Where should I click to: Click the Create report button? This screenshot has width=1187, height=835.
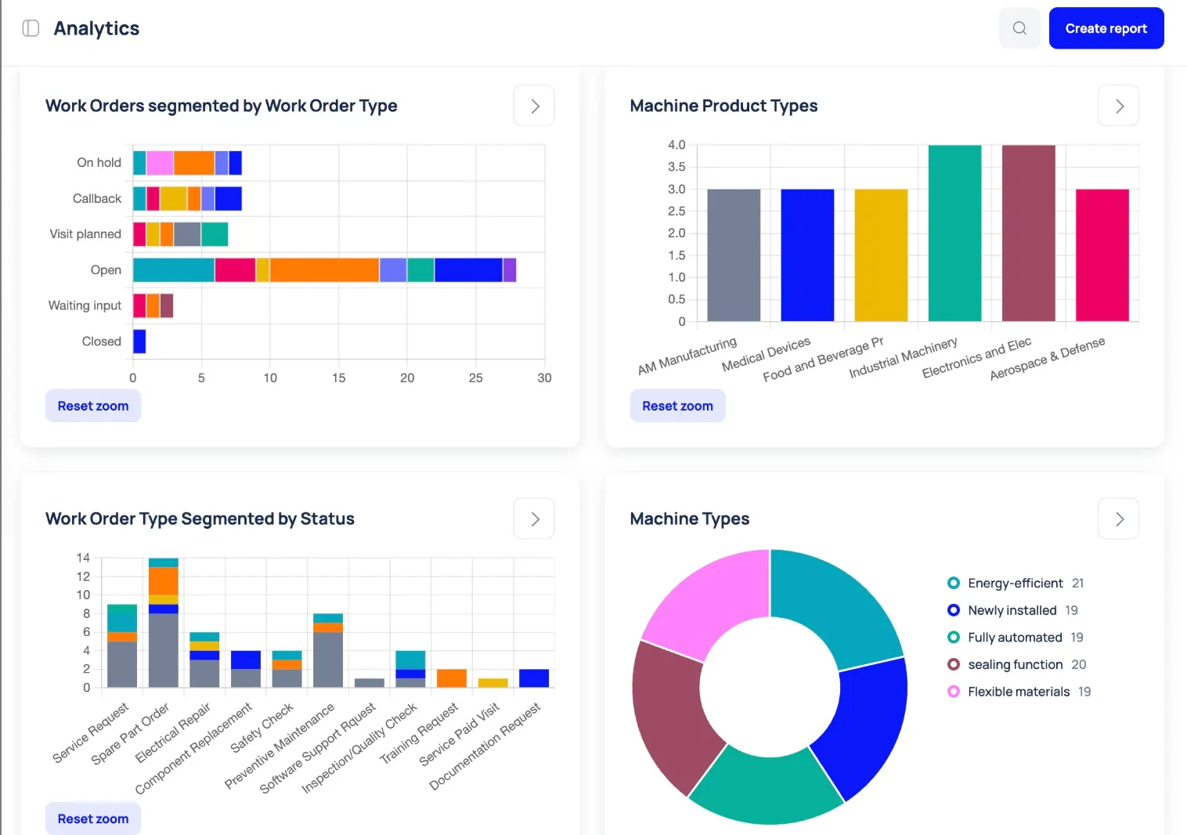tap(1106, 28)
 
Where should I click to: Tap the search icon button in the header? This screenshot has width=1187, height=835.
tap(1019, 28)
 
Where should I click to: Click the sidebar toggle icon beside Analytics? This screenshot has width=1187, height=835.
tap(31, 28)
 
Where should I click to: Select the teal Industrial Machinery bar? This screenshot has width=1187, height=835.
tap(954, 233)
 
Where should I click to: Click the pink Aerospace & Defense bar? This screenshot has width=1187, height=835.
tap(1102, 255)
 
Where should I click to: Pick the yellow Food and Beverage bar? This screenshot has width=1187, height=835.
tap(881, 255)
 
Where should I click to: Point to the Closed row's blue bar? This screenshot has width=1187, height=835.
tap(139, 342)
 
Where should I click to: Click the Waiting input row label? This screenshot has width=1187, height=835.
tap(85, 305)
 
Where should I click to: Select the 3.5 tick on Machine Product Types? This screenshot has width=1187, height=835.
tap(676, 167)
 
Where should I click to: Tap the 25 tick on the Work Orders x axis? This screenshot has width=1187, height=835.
tap(475, 378)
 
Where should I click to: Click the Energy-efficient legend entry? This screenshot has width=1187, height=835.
tap(1015, 583)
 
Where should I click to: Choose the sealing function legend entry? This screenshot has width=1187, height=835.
tap(1015, 664)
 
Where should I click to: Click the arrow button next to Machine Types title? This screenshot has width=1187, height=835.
tap(1119, 519)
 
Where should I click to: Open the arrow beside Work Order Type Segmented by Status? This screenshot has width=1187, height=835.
tap(534, 519)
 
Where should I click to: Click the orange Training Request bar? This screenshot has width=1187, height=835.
tap(452, 678)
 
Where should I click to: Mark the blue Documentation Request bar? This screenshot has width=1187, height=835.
tap(534, 678)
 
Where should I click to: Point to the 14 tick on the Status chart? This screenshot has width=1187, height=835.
tap(83, 558)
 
